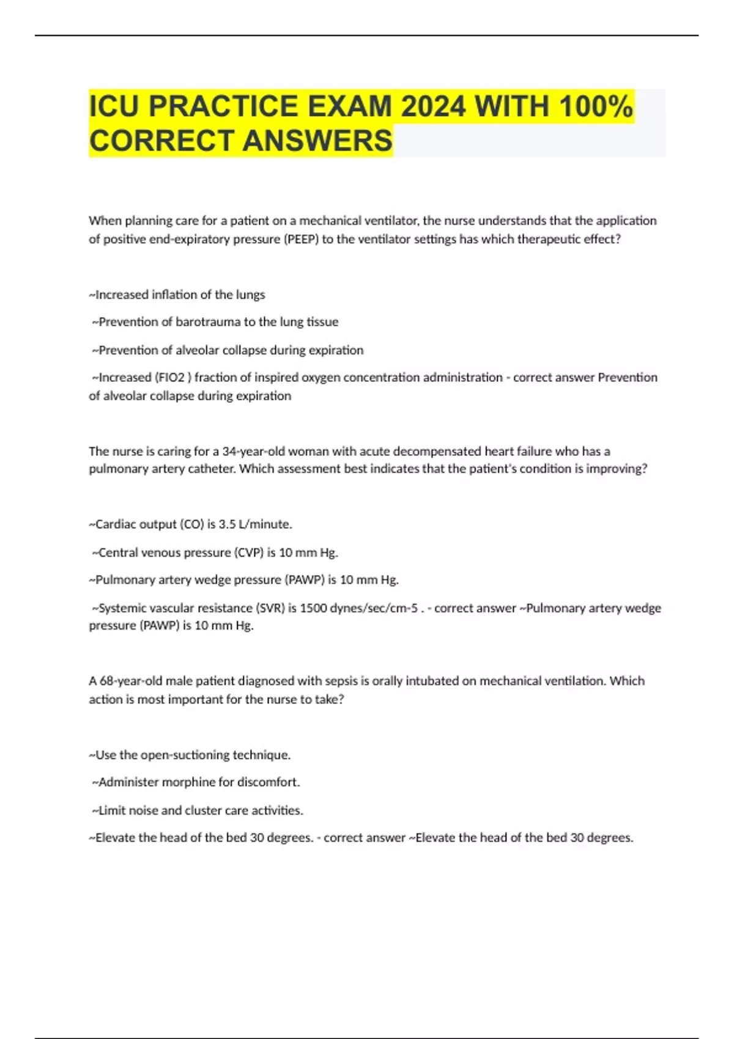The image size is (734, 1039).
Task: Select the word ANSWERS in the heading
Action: click(317, 141)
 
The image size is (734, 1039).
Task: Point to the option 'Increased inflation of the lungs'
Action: click(177, 295)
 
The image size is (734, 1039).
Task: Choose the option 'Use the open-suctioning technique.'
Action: click(190, 755)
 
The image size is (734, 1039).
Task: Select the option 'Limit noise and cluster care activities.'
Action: click(198, 810)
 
